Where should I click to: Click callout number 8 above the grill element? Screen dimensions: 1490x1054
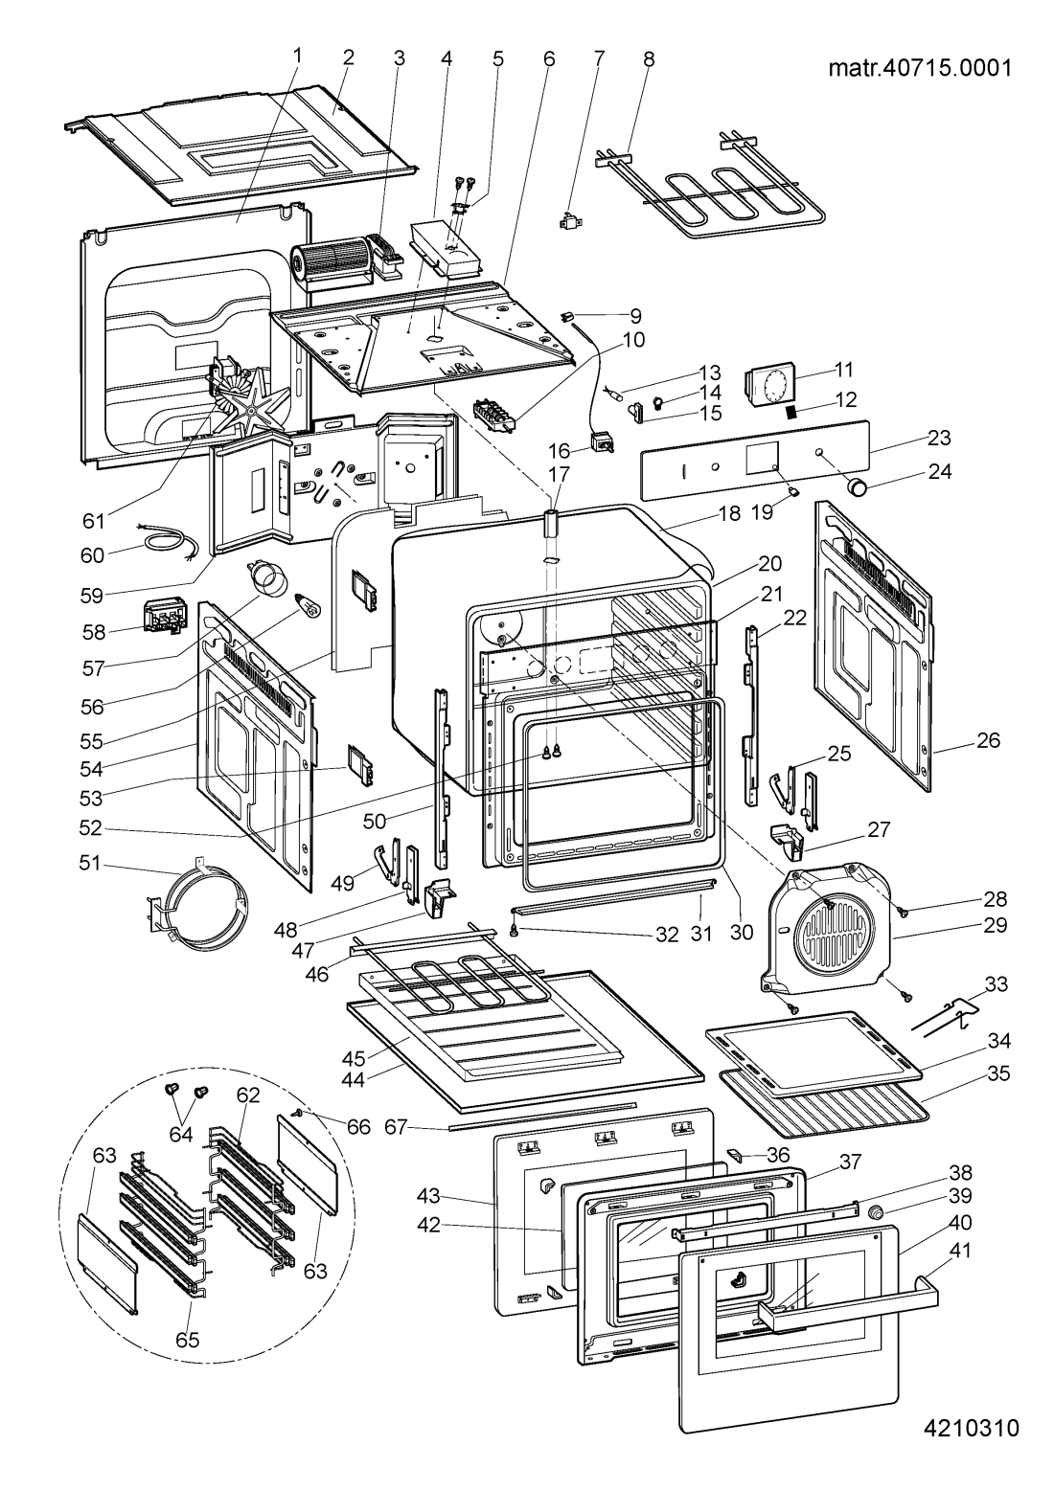point(649,58)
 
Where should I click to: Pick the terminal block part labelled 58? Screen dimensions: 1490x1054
point(162,616)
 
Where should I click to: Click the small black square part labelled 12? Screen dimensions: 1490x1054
point(792,413)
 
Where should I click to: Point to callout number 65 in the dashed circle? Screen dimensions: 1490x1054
point(187,1341)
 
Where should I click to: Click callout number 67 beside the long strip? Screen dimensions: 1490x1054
point(416,1130)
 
